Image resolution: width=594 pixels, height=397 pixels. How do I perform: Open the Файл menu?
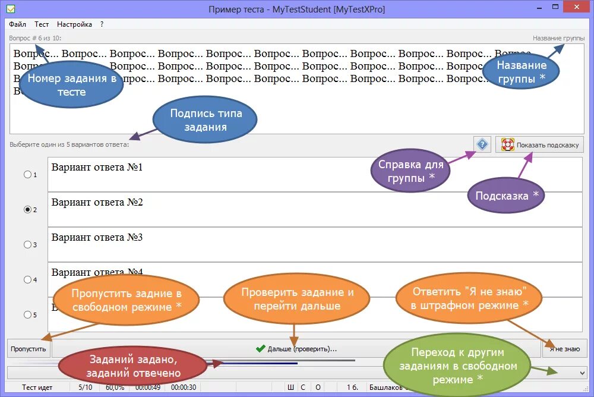[17, 24]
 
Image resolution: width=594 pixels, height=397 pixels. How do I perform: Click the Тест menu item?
[42, 24]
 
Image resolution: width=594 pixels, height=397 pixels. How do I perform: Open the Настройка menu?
[74, 24]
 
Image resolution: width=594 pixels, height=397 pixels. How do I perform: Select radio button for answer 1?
[27, 175]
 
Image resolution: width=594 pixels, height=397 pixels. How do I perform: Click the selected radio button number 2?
[27, 210]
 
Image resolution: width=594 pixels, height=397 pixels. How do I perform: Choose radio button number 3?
[27, 245]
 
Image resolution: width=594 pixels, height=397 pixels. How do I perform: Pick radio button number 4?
[27, 280]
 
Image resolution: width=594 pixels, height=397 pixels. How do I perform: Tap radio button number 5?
[27, 315]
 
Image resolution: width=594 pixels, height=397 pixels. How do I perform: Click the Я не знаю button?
[564, 349]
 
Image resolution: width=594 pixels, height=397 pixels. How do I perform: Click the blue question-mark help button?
[482, 144]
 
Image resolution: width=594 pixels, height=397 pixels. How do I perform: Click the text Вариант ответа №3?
[97, 238]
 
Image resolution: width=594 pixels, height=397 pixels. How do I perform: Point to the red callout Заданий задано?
[134, 367]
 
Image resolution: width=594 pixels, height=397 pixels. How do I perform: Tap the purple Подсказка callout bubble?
[506, 196]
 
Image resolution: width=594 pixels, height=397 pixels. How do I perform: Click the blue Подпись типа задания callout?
[206, 120]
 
